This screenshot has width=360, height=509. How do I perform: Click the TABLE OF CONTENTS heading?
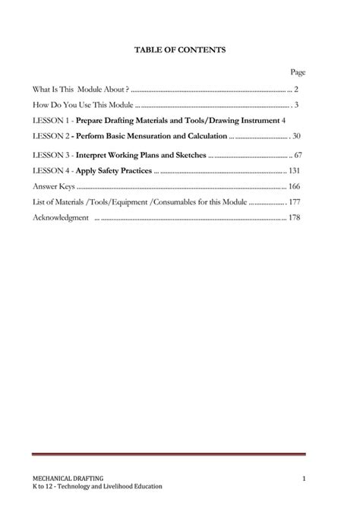[180, 49]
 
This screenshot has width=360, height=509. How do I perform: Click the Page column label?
[298, 72]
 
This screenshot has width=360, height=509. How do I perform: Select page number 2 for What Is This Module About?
[296, 89]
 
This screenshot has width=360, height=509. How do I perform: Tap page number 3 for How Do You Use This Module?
[296, 104]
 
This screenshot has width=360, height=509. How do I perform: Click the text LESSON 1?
[52, 120]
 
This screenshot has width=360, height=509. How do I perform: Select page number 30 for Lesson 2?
[296, 136]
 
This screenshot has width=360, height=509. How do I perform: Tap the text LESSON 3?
[52, 155]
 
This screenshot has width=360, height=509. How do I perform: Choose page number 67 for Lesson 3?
[297, 155]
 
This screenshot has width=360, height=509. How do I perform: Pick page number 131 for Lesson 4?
[295, 170]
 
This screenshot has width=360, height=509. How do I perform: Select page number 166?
[295, 186]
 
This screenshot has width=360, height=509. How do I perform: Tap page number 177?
[295, 202]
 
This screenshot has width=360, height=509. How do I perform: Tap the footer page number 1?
[302, 477]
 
